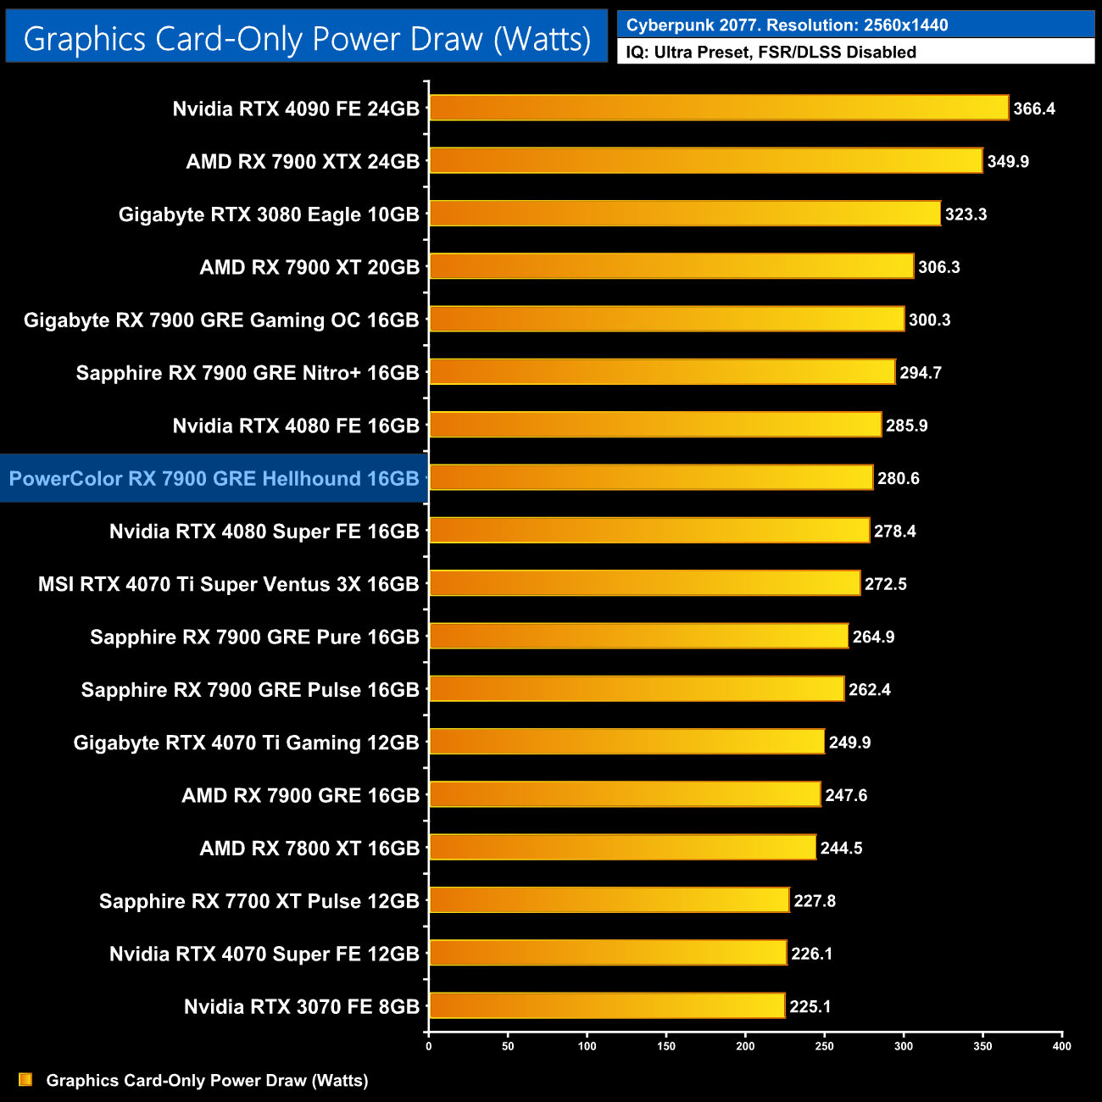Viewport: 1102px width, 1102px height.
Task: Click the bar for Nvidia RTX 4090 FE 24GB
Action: (x=719, y=108)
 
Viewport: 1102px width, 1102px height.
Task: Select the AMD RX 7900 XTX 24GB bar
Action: (x=705, y=161)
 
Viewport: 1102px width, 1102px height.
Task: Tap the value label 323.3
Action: (x=966, y=214)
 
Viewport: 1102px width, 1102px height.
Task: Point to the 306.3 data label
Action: (x=938, y=267)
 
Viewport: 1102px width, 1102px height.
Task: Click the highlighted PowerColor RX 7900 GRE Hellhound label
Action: (x=214, y=479)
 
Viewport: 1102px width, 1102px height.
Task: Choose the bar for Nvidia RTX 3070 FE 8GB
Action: (x=607, y=1006)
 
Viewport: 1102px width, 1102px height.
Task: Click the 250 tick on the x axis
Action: (x=824, y=1046)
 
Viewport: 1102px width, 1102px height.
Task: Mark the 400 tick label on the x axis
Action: (x=1061, y=1046)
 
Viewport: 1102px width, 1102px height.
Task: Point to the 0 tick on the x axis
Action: (x=429, y=1046)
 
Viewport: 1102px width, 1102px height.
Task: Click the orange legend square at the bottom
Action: (x=25, y=1080)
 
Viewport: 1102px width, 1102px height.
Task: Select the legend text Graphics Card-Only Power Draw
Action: (x=207, y=1081)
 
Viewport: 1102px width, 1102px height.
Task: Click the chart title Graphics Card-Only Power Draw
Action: (x=307, y=39)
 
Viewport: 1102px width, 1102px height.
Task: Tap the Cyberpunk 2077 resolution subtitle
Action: (x=787, y=25)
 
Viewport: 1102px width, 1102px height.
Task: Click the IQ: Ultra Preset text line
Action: (x=771, y=53)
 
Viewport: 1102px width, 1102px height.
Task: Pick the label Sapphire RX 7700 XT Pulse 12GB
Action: (x=259, y=901)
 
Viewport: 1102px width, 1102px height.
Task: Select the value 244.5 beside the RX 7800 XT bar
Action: (x=841, y=849)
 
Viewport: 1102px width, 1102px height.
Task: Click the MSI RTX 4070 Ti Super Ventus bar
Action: (x=644, y=583)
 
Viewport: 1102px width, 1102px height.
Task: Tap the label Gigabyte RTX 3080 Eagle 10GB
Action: (x=269, y=214)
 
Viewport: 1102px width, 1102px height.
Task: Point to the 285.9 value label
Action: (x=906, y=426)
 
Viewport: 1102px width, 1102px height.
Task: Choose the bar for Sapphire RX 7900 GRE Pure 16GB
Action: (x=638, y=636)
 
